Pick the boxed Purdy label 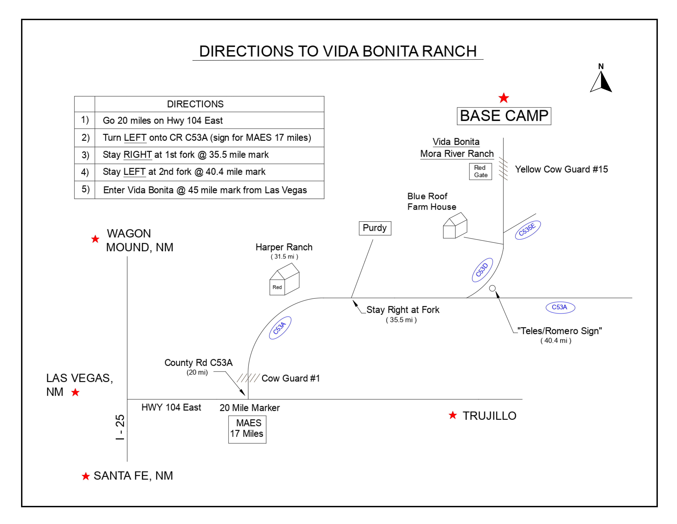(x=375, y=228)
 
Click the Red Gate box (x=480, y=172)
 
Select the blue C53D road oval (x=482, y=270)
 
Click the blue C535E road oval (x=528, y=230)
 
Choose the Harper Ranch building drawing (x=284, y=279)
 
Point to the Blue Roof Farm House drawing (x=455, y=225)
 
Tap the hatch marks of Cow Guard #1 (x=248, y=378)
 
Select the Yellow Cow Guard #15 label (x=561, y=169)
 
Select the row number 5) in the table (x=86, y=189)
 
